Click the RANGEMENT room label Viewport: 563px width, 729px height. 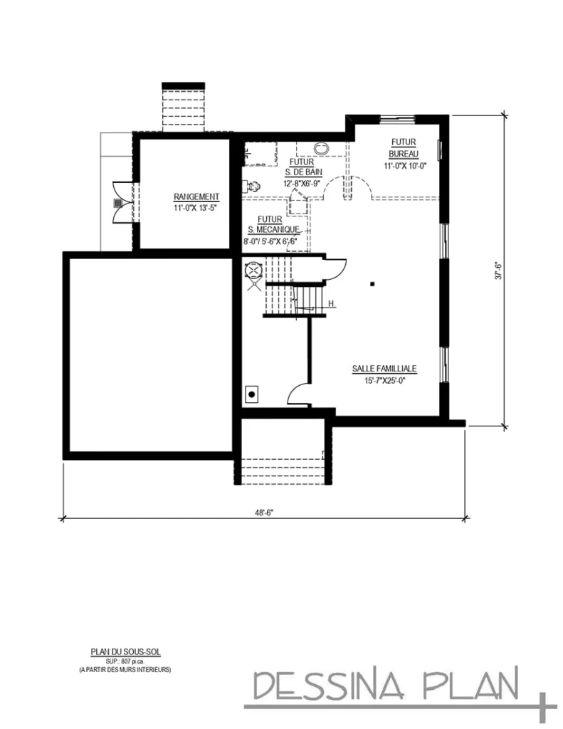click(x=196, y=197)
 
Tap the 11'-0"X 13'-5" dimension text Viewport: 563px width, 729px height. click(x=196, y=208)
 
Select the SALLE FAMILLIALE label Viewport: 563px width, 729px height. click(x=384, y=369)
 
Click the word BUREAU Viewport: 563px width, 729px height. click(x=404, y=154)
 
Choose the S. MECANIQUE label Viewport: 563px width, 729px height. click(x=273, y=229)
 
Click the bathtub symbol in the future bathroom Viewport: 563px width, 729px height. click(x=322, y=148)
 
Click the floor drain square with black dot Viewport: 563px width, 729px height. click(x=251, y=392)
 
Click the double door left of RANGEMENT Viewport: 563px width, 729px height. click(x=118, y=202)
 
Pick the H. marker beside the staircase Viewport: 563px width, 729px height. click(x=332, y=305)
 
